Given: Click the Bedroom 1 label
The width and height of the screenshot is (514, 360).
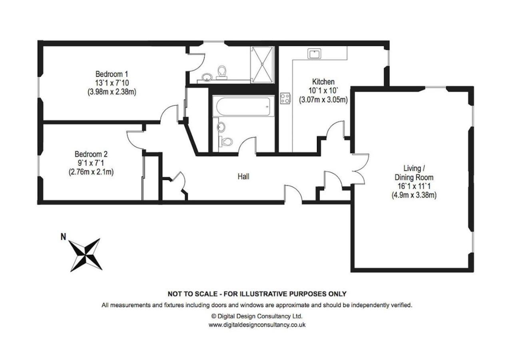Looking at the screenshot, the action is pyautogui.click(x=112, y=74).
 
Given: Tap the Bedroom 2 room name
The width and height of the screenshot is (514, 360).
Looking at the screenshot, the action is pyautogui.click(x=91, y=154).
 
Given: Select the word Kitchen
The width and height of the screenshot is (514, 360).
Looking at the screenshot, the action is pyautogui.click(x=323, y=82).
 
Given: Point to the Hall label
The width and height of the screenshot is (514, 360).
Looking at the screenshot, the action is pyautogui.click(x=243, y=176).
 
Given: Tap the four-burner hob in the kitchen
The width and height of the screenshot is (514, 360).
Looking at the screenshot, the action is pyautogui.click(x=285, y=98).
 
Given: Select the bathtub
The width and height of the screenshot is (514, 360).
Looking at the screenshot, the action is pyautogui.click(x=243, y=106).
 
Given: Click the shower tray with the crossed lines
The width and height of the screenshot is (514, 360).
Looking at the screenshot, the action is pyautogui.click(x=262, y=64).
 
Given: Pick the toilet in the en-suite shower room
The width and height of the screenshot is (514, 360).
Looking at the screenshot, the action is pyautogui.click(x=222, y=72).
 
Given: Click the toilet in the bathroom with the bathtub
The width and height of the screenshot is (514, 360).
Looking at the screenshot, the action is pyautogui.click(x=226, y=142).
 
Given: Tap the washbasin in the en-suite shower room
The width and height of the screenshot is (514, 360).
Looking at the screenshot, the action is pyautogui.click(x=207, y=77).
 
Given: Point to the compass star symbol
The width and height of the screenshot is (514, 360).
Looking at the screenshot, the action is pyautogui.click(x=86, y=255).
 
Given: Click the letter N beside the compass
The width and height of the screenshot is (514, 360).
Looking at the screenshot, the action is pyautogui.click(x=63, y=237).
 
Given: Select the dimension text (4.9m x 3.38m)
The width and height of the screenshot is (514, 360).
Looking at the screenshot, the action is pyautogui.click(x=414, y=195).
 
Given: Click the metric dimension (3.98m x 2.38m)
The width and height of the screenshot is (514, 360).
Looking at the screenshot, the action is pyautogui.click(x=112, y=92).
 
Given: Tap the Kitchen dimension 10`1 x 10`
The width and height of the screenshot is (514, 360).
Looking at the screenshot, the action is pyautogui.click(x=323, y=91).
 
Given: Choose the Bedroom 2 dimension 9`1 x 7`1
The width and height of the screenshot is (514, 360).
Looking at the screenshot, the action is pyautogui.click(x=91, y=163).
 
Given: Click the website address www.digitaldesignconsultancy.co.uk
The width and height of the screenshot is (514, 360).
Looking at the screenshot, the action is pyautogui.click(x=257, y=325).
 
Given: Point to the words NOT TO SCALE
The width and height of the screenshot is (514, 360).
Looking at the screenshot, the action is pyautogui.click(x=193, y=294).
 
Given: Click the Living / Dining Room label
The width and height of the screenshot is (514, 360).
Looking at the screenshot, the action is pyautogui.click(x=414, y=173).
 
